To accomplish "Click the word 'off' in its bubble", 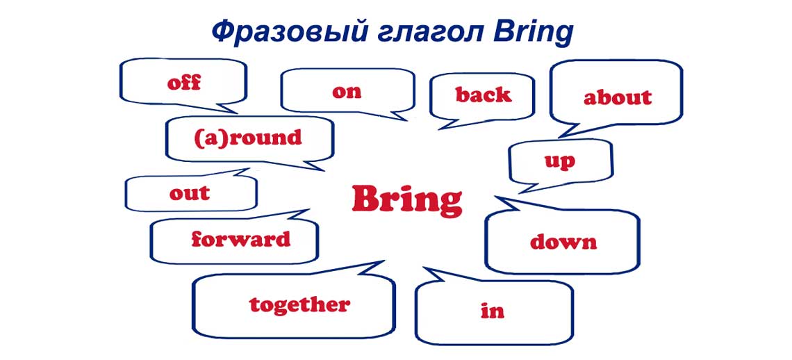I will (x=184, y=83).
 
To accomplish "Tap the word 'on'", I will (x=347, y=92).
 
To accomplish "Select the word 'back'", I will (x=484, y=95).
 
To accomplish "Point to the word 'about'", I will (x=618, y=97).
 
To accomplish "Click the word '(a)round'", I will (x=248, y=138).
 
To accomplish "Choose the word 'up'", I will (x=560, y=162).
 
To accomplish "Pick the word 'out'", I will (x=189, y=193).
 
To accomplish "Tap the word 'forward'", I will (x=240, y=240).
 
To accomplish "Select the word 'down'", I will (x=563, y=242).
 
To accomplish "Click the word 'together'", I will (x=299, y=304).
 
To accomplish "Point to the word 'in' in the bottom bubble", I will (x=493, y=311).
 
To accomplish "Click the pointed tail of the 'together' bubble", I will (x=382, y=262).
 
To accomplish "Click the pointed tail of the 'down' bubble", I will (x=497, y=199).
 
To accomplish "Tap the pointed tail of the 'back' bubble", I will (x=439, y=129).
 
